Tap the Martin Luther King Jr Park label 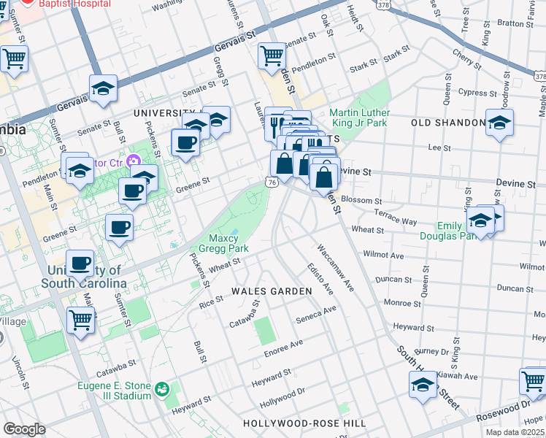pos(359,118)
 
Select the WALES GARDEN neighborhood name pos(272,291)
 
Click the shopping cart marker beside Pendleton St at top pos(272,55)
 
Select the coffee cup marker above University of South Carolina pos(80,263)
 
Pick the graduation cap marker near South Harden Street pos(423,385)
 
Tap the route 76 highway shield pos(272,182)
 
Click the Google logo pos(24,429)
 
